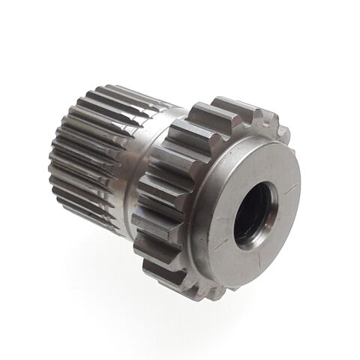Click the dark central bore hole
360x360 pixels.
pos(251,214)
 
